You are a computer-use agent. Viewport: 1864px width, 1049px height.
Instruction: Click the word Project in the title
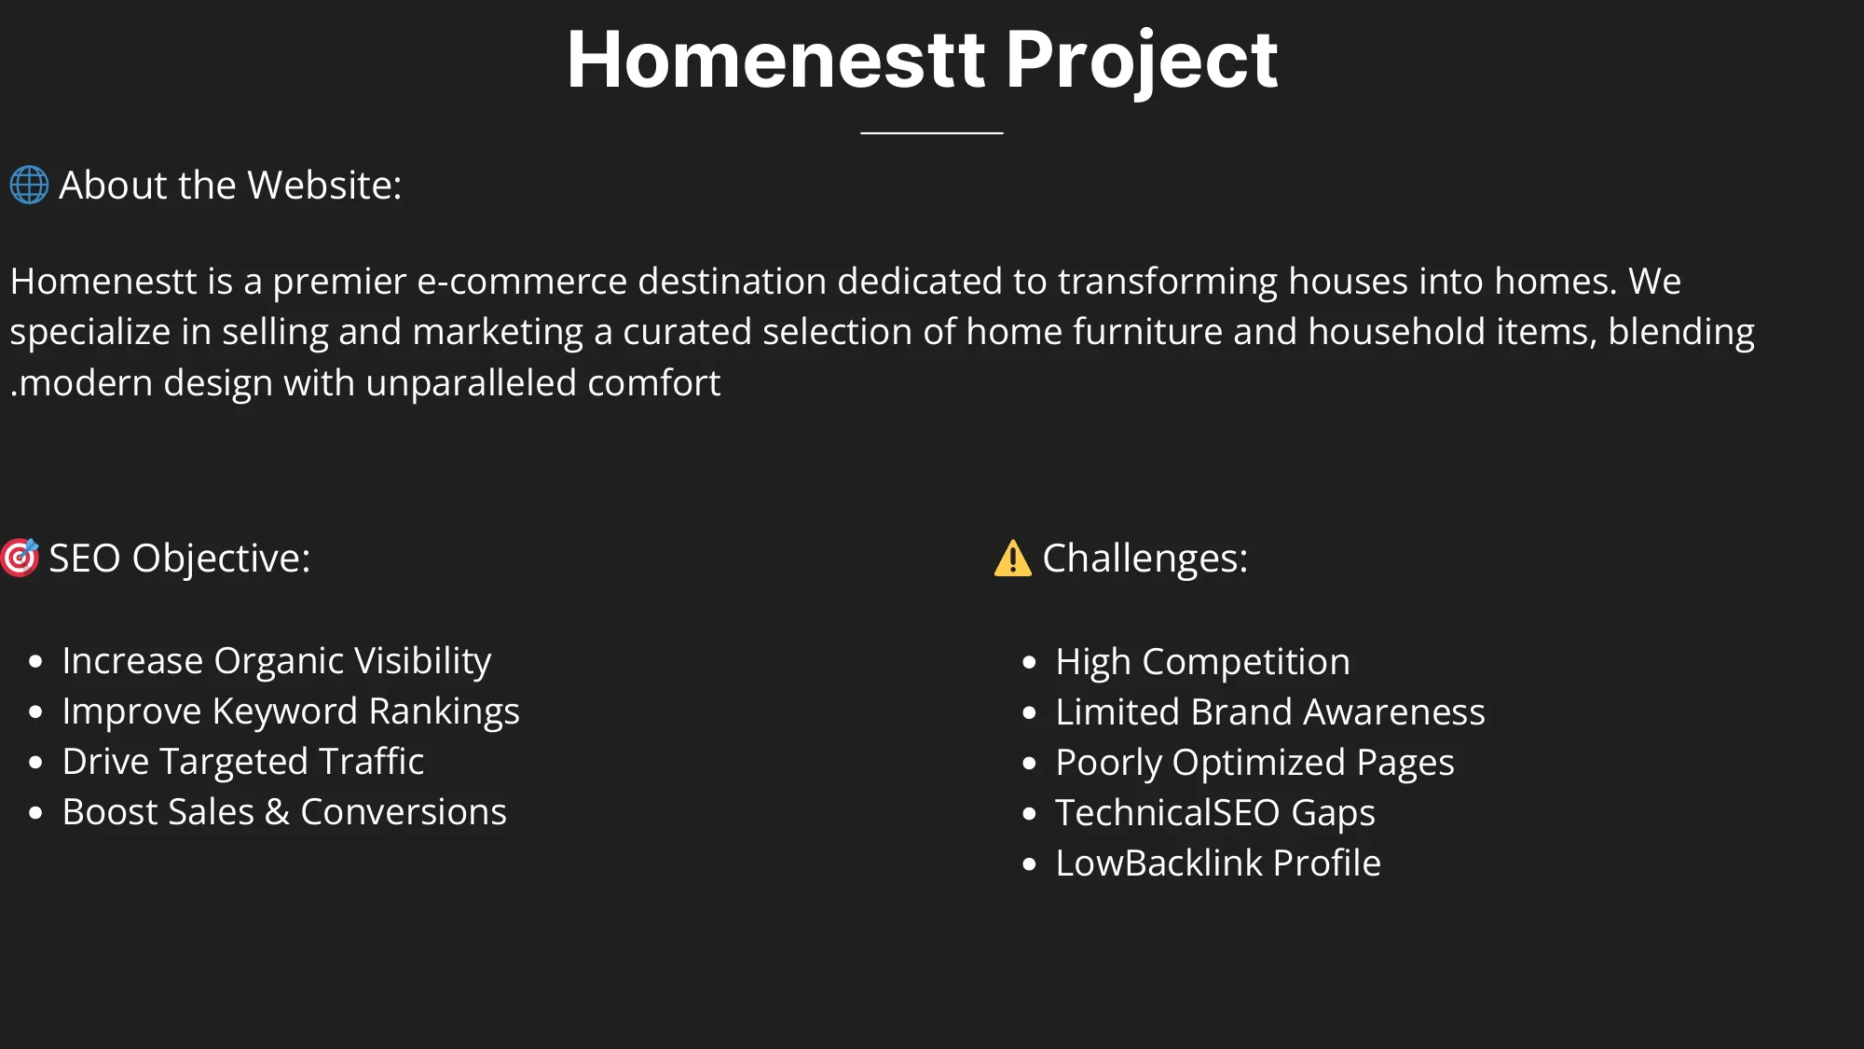point(1141,61)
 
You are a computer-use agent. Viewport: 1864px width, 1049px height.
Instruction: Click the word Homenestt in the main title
point(775,61)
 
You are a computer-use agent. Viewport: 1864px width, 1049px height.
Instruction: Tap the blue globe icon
point(29,185)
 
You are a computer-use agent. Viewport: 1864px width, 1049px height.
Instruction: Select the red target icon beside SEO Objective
point(20,558)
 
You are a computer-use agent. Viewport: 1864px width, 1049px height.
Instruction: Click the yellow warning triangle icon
point(1012,559)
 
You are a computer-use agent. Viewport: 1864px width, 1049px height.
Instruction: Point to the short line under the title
point(931,133)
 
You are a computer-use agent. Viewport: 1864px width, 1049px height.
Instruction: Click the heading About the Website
point(230,185)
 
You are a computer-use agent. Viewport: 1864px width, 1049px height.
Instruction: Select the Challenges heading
point(1144,558)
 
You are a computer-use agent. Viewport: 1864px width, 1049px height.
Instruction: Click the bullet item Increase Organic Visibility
point(276,660)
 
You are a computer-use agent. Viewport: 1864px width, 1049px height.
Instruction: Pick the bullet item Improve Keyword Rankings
point(290,711)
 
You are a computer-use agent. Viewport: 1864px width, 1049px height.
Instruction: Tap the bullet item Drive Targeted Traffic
point(242,761)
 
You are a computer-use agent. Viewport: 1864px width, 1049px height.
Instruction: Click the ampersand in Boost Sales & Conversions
point(277,812)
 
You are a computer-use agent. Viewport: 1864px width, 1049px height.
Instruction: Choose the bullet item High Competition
point(1202,661)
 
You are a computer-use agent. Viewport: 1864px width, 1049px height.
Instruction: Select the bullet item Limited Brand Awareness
point(1269,711)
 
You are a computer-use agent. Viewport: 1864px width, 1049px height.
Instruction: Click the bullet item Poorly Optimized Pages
point(1254,762)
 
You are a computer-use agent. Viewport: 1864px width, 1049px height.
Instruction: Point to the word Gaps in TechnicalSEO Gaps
point(1333,812)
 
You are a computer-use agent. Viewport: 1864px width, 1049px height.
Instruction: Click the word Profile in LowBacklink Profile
point(1327,863)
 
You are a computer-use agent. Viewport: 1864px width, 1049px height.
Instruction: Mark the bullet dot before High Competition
point(1029,662)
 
